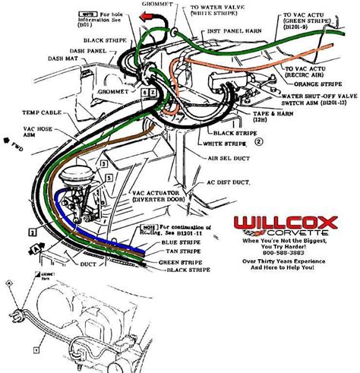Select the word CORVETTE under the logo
coord(292,231)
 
